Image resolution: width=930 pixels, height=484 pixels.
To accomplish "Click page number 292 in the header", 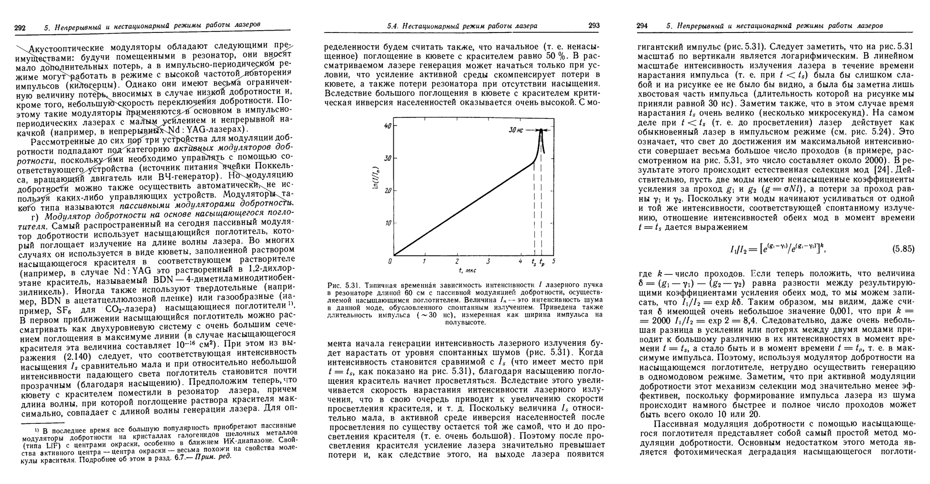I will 20,28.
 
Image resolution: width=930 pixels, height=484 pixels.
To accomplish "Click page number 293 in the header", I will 594,26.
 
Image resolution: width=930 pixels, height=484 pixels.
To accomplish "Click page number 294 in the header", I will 642,26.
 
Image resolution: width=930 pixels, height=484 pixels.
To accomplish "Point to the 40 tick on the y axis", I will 388,126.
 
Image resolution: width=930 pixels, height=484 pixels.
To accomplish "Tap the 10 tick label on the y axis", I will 388,223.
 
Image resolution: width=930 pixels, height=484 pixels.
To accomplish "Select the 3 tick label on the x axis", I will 488,262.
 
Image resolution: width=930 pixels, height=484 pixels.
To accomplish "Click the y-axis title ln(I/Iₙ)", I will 377,180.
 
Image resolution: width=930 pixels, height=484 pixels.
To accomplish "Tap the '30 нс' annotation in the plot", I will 515,130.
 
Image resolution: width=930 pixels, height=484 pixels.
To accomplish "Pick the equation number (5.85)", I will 903,249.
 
